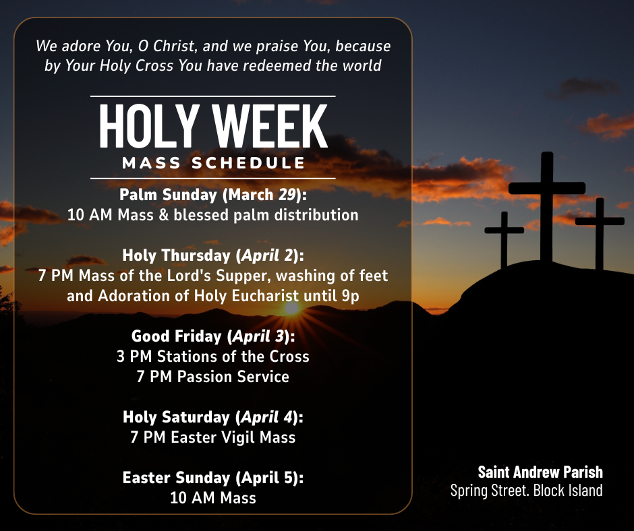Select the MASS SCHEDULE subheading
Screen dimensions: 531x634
pyautogui.click(x=213, y=163)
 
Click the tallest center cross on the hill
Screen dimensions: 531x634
pyautogui.click(x=547, y=202)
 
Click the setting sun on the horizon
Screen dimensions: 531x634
pyautogui.click(x=291, y=308)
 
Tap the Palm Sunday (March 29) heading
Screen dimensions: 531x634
pyautogui.click(x=213, y=195)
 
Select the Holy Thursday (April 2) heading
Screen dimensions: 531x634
pyautogui.click(x=213, y=255)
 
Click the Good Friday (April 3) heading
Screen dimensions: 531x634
pyautogui.click(x=213, y=336)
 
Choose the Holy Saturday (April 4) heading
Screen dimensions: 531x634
pyautogui.click(x=213, y=417)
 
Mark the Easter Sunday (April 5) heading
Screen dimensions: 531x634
pyautogui.click(x=213, y=478)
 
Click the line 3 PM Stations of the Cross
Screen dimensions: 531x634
pyautogui.click(x=213, y=356)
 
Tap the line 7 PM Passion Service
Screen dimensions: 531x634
pyautogui.click(x=213, y=376)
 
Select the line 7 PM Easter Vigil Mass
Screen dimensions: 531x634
pyautogui.click(x=213, y=437)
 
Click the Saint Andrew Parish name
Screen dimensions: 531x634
pyautogui.click(x=540, y=472)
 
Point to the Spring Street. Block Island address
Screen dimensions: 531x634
pyautogui.click(x=526, y=490)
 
